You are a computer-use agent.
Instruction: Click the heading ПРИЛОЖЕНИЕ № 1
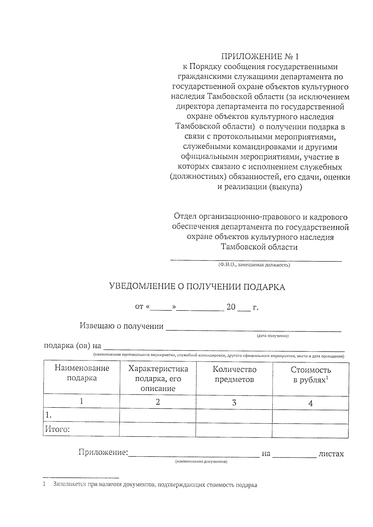(x=260, y=57)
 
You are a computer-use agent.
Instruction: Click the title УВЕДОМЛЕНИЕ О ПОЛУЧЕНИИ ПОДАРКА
(x=197, y=287)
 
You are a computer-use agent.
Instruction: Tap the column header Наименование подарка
(x=82, y=373)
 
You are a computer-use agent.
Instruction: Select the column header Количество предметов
(x=234, y=374)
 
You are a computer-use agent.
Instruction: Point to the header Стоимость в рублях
(x=311, y=375)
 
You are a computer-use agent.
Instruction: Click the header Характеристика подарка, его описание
(x=158, y=379)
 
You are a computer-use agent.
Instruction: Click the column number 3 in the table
(x=234, y=403)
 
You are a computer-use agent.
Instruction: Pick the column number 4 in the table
(x=310, y=403)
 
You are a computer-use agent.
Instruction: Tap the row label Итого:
(x=58, y=429)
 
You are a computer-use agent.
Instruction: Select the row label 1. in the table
(x=48, y=415)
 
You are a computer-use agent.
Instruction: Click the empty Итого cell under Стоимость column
(x=310, y=430)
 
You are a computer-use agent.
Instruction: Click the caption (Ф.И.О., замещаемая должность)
(x=254, y=265)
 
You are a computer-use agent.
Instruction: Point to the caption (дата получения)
(x=273, y=336)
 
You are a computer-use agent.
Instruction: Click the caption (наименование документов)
(x=201, y=462)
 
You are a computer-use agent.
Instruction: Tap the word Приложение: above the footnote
(x=103, y=452)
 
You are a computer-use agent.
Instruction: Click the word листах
(x=331, y=454)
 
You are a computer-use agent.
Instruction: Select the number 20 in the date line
(x=231, y=307)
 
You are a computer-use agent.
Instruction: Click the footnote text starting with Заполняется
(x=155, y=485)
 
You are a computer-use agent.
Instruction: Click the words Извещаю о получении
(x=122, y=326)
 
